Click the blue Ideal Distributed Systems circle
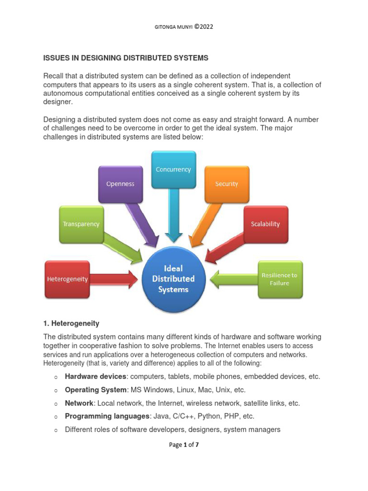click(x=173, y=279)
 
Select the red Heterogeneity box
click(x=67, y=279)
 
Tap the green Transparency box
click(x=81, y=224)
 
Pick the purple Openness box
click(x=121, y=184)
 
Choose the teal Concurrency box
click(x=173, y=169)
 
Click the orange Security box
click(x=227, y=184)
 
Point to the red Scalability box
click(x=265, y=224)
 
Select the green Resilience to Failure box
click(x=280, y=279)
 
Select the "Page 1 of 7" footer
click(x=184, y=445)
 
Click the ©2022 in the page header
click(x=203, y=27)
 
